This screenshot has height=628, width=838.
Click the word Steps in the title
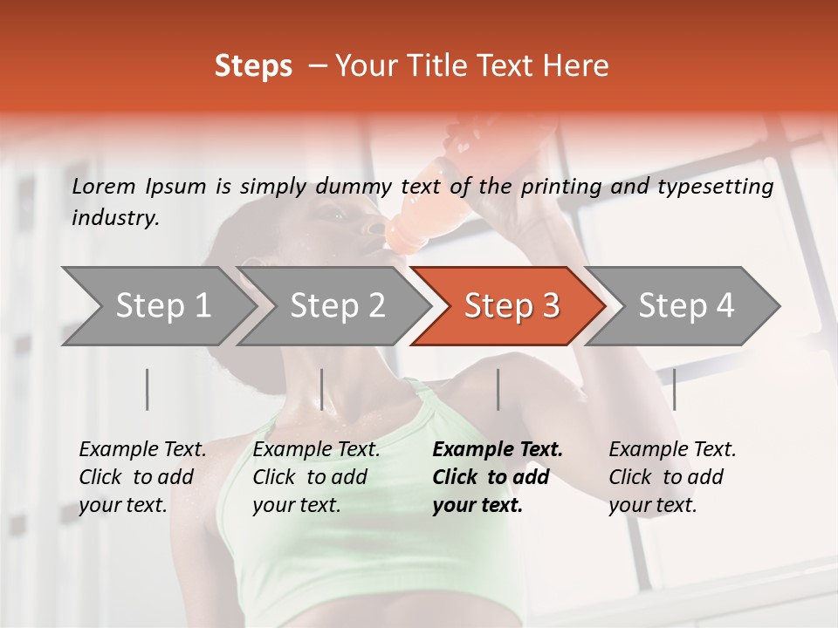pos(253,66)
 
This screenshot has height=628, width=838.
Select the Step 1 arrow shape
pos(157,306)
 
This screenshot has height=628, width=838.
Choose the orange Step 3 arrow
pos(511,306)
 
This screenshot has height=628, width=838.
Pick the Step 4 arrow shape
pos(685,306)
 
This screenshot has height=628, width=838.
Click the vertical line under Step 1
pos(148,389)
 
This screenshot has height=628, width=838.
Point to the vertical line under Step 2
pos(322,389)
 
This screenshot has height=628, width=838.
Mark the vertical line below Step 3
pos(498,389)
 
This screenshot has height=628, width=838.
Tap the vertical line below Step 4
pos(674,389)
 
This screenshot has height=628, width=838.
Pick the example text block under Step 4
pos(672,477)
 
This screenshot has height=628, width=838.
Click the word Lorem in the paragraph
pos(102,186)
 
